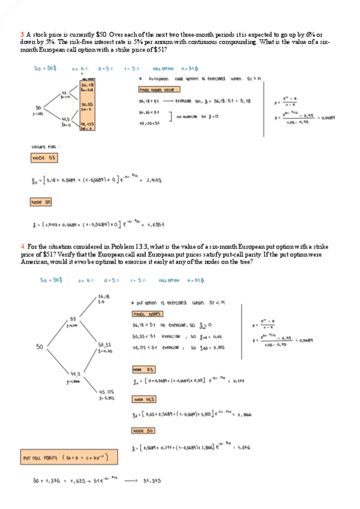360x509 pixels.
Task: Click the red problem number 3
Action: click(22, 35)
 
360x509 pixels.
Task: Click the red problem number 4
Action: click(22, 246)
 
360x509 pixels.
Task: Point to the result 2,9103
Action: click(155, 179)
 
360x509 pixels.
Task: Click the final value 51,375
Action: click(152, 481)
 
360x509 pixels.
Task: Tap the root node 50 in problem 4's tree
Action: click(40, 346)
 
